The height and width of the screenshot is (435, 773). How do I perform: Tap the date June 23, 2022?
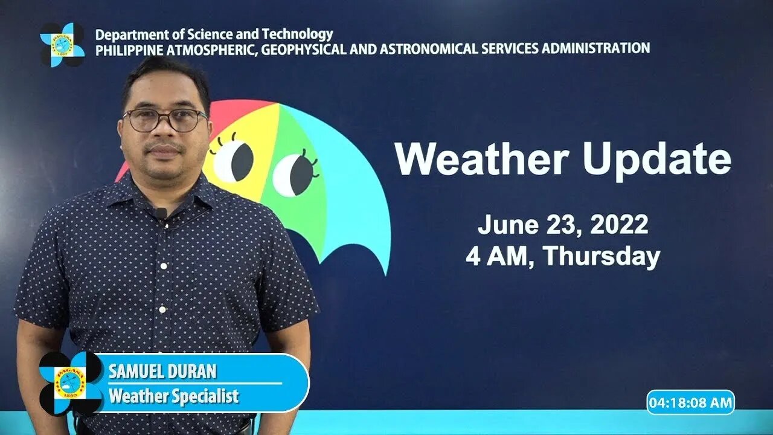point(562,225)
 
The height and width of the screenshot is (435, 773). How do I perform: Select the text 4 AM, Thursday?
point(562,256)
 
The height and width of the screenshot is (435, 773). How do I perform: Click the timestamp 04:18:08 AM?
point(690,402)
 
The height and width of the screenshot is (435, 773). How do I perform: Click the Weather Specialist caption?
point(173,396)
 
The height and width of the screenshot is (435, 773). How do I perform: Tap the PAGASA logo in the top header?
point(62,45)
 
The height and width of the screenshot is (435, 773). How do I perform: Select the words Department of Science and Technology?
point(214,34)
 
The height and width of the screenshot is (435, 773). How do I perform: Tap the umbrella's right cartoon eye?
point(294,174)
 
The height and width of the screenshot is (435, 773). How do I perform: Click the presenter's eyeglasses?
point(164,120)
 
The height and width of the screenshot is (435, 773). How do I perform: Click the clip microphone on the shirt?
point(160,213)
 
